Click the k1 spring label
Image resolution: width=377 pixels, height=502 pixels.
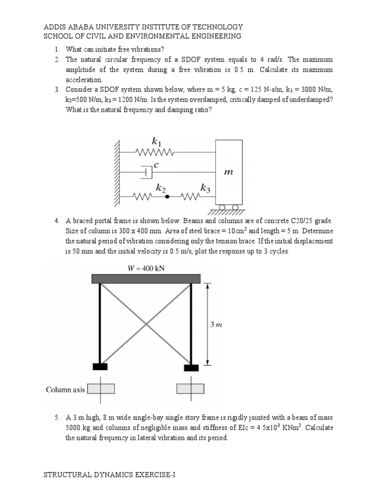pos(157,143)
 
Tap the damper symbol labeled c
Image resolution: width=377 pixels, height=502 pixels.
pos(146,172)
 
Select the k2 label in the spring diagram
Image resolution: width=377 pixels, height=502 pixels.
pos(161,188)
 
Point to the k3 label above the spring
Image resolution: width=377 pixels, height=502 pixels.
pos(205,188)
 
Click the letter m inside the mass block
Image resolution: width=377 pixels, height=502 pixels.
pos(228,172)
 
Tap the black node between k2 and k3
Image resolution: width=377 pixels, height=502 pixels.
pos(168,197)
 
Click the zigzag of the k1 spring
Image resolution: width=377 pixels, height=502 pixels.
pos(156,152)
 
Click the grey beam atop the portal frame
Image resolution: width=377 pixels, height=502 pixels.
pos(146,278)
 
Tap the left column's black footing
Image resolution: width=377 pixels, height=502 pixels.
pos(100,366)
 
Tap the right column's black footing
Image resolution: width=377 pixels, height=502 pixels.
pos(191,367)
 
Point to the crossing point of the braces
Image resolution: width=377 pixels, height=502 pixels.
pos(146,324)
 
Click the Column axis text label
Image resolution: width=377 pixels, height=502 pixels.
pos(65,390)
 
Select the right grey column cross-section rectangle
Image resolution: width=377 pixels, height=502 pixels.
pos(190,389)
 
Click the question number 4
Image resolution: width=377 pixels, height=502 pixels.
pos(57,221)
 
